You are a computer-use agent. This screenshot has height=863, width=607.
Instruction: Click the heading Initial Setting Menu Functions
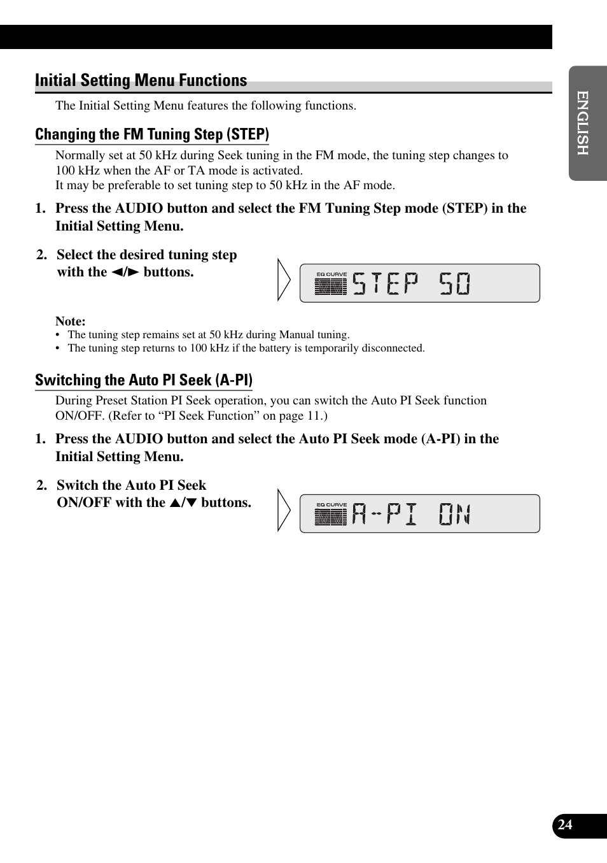tap(141, 80)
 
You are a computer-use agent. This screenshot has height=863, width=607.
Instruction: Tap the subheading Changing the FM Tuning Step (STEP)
tap(152, 134)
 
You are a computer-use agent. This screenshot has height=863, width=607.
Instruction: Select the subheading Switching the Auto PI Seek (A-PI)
tap(144, 380)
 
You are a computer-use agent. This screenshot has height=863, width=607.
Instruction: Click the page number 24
tap(565, 825)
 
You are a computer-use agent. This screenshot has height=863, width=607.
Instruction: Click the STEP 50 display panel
tap(419, 283)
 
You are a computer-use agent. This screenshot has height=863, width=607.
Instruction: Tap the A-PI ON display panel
tap(419, 513)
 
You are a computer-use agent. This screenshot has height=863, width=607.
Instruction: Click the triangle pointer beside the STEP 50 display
tap(284, 280)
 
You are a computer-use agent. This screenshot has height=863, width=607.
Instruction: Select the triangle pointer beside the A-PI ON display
tap(284, 510)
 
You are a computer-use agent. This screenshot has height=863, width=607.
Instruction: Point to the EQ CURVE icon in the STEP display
tap(331, 284)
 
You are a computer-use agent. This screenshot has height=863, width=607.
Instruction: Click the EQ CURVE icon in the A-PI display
tap(331, 515)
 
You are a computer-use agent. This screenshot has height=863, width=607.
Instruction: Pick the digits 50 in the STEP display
tap(455, 283)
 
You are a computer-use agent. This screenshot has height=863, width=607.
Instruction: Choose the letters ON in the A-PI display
tap(455, 514)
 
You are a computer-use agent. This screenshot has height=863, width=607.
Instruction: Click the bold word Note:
tap(70, 321)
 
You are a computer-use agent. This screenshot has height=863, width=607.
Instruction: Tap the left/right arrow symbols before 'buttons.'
tap(125, 273)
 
